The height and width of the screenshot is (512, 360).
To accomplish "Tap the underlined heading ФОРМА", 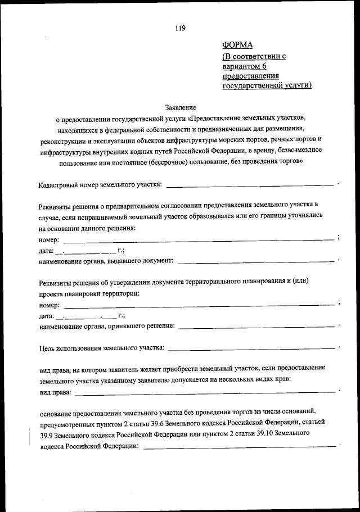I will [238, 46].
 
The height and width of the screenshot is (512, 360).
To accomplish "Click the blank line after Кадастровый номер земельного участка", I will [250, 185].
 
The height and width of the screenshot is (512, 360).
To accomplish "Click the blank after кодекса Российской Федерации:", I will [238, 446].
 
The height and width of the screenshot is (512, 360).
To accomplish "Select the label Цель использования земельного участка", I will [101, 348].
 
